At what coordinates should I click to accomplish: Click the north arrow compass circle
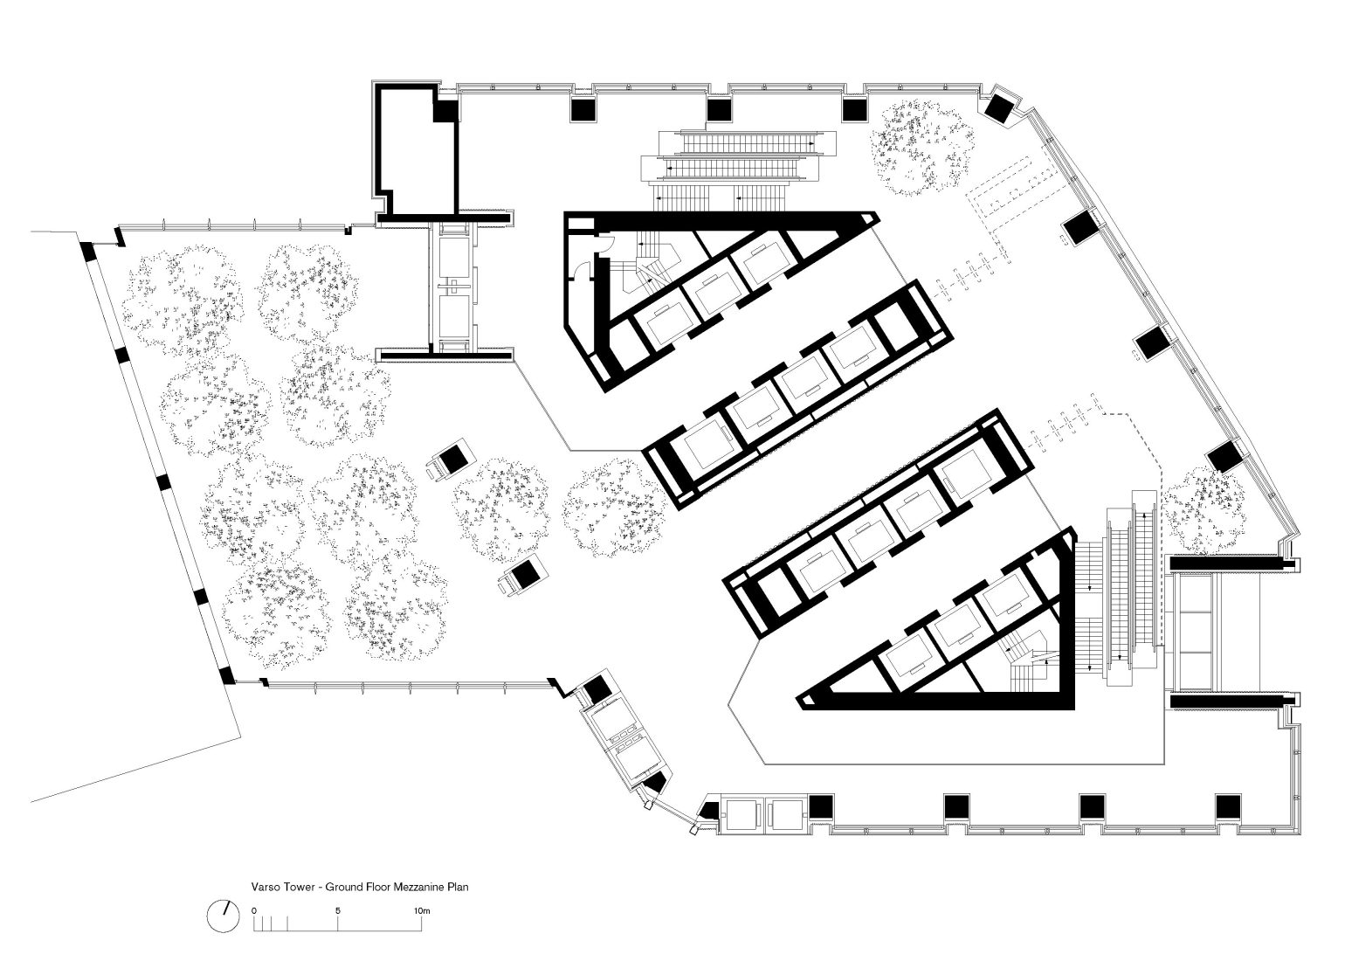coord(223,916)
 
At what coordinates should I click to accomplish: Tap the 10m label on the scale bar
coord(422,910)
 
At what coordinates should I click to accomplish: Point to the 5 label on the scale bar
coord(338,910)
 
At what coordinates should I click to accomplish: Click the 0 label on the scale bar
coord(253,910)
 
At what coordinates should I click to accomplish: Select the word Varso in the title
coord(265,887)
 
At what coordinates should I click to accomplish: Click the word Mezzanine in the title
coord(419,887)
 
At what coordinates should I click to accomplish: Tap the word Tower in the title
coord(298,887)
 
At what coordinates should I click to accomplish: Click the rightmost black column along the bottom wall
coord(1228,806)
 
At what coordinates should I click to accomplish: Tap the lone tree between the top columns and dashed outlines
coord(921,149)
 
